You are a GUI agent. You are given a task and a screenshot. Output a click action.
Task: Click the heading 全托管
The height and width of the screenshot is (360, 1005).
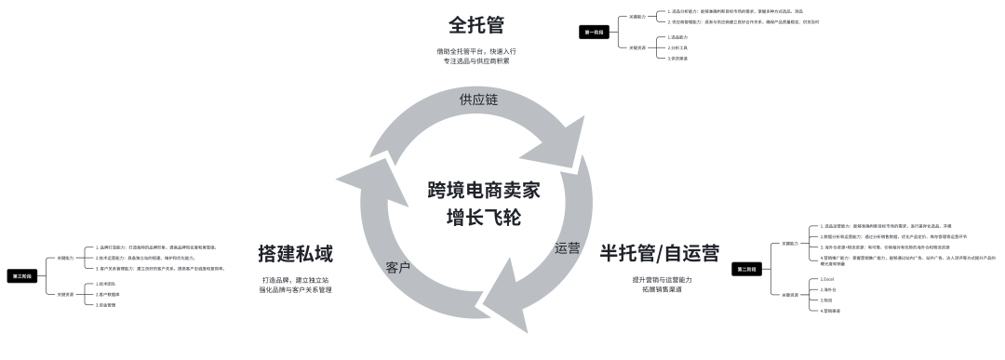(476, 21)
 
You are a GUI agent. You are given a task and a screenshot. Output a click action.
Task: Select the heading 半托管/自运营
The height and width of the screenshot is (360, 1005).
(659, 253)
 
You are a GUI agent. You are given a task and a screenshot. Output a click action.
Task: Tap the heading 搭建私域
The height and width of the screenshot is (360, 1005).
(296, 253)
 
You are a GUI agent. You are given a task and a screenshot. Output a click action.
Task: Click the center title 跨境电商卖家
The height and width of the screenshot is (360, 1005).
(484, 190)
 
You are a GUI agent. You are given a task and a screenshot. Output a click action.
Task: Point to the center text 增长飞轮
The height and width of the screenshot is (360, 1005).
(484, 219)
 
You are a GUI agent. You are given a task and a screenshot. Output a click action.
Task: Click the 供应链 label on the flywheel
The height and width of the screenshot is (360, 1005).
(478, 99)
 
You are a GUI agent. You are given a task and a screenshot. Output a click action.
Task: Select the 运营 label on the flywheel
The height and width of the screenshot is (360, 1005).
(567, 248)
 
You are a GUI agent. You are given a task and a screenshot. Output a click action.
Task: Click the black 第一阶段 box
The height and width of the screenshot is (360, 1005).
(595, 32)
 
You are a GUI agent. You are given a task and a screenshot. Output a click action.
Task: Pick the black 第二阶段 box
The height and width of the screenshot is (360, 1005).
(746, 269)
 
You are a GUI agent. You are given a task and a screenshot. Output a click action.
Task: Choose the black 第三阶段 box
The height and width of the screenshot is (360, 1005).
(20, 275)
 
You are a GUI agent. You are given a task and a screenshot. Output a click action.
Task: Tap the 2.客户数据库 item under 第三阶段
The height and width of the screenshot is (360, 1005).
(107, 294)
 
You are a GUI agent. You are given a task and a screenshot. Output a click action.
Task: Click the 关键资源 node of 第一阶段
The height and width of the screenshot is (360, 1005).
(636, 47)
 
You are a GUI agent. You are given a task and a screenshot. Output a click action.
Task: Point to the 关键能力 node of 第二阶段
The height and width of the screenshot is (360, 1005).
(790, 243)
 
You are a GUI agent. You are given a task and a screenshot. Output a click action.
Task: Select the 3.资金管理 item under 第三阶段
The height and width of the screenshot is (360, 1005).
(105, 304)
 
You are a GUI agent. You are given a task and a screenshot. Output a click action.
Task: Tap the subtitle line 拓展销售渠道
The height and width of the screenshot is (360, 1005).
(662, 289)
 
